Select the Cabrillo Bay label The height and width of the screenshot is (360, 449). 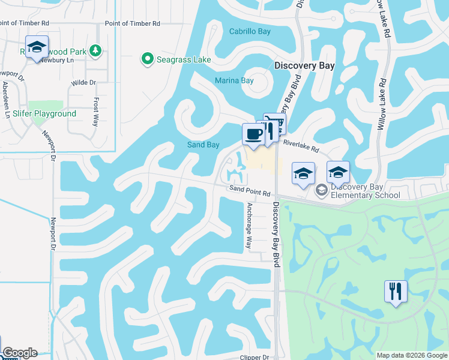point(250,31)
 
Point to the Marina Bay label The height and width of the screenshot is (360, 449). point(234,80)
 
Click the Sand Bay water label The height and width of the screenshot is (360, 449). point(203,145)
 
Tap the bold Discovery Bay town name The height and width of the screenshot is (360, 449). point(304,65)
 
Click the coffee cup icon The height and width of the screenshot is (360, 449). point(253,133)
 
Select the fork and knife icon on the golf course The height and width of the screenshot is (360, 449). point(396,292)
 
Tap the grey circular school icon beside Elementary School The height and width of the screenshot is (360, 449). point(321,190)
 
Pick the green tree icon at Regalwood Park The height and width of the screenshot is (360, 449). point(94,49)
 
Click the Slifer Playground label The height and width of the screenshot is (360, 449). point(44,113)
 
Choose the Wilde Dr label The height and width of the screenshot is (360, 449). point(83,83)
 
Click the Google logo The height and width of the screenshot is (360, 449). point(19,353)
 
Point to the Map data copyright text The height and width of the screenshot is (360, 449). point(412,355)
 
